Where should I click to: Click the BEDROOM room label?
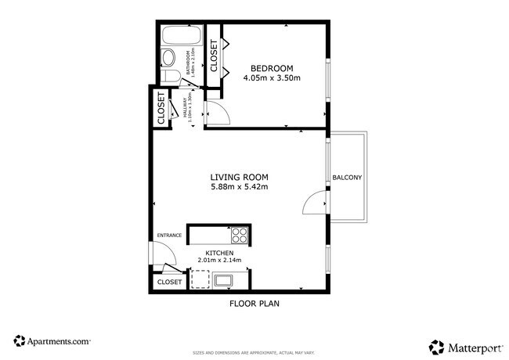coord(272,67)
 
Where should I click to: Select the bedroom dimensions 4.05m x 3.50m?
coord(272,78)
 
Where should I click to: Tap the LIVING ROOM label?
coord(239,176)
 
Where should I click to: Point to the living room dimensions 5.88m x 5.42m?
coord(239,187)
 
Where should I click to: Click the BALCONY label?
coord(347,178)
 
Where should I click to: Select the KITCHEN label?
coord(219,253)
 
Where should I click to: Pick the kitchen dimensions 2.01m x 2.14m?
coord(219,261)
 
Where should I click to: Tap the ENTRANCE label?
coord(169,235)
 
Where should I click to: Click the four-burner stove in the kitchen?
coord(240,233)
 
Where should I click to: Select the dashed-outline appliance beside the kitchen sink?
coord(200,279)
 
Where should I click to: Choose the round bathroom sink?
coord(171,77)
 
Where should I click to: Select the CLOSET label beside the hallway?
coord(161,109)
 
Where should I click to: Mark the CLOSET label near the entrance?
coord(169,282)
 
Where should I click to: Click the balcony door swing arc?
coord(312,203)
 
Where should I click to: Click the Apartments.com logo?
coord(52,341)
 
